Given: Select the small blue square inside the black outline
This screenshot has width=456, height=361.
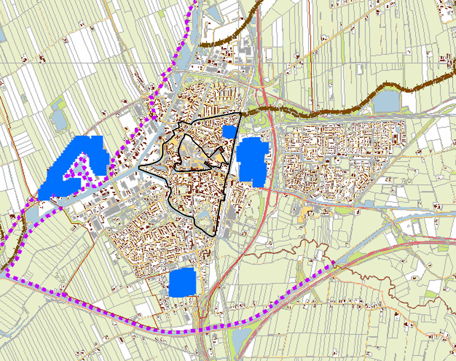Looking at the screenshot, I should pyautogui.click(x=229, y=132).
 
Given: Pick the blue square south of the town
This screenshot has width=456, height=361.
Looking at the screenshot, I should pyautogui.click(x=182, y=282).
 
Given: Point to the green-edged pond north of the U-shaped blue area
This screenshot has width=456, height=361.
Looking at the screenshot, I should pyautogui.click(x=58, y=118).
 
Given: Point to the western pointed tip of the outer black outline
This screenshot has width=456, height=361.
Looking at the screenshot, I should pyautogui.click(x=140, y=167).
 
